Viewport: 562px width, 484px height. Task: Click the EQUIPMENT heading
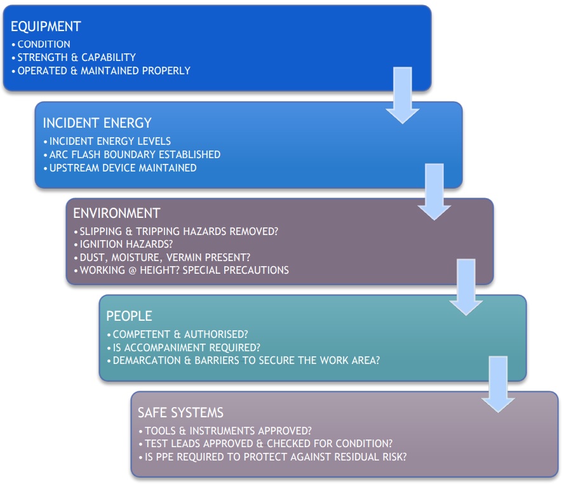[46, 27]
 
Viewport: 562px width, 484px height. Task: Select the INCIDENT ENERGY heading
[97, 123]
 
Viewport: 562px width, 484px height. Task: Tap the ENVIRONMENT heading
[116, 213]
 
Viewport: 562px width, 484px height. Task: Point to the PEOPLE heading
[129, 316]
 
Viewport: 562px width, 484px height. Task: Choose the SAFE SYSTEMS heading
[180, 413]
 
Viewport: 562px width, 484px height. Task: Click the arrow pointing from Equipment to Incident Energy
[403, 95]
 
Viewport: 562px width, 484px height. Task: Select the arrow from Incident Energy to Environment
[434, 191]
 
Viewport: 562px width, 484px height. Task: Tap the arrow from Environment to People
[466, 287]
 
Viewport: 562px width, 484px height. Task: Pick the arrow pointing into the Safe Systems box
[498, 384]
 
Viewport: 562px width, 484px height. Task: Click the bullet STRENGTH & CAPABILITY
[77, 57]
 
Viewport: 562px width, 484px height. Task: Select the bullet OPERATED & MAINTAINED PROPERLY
[104, 71]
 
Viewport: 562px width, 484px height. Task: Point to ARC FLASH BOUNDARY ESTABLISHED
[135, 154]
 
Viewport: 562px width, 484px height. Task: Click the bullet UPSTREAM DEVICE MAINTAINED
[123, 168]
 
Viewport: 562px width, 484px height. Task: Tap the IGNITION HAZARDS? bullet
[126, 244]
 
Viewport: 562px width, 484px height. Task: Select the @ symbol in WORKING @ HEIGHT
[132, 271]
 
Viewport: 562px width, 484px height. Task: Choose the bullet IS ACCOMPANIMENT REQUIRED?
[186, 347]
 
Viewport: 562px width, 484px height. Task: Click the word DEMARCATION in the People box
[147, 360]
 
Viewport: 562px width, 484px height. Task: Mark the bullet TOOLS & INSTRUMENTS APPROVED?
[229, 431]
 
